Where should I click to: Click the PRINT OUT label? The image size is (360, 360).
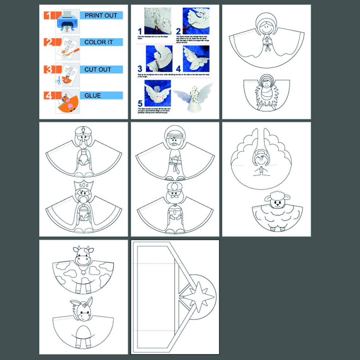[x=101, y=15]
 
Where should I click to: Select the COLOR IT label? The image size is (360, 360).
[x=99, y=42]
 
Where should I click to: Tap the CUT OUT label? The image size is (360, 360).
[x=98, y=69]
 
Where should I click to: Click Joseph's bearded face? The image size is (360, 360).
[x=175, y=139]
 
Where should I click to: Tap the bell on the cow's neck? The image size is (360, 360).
[x=83, y=270]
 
